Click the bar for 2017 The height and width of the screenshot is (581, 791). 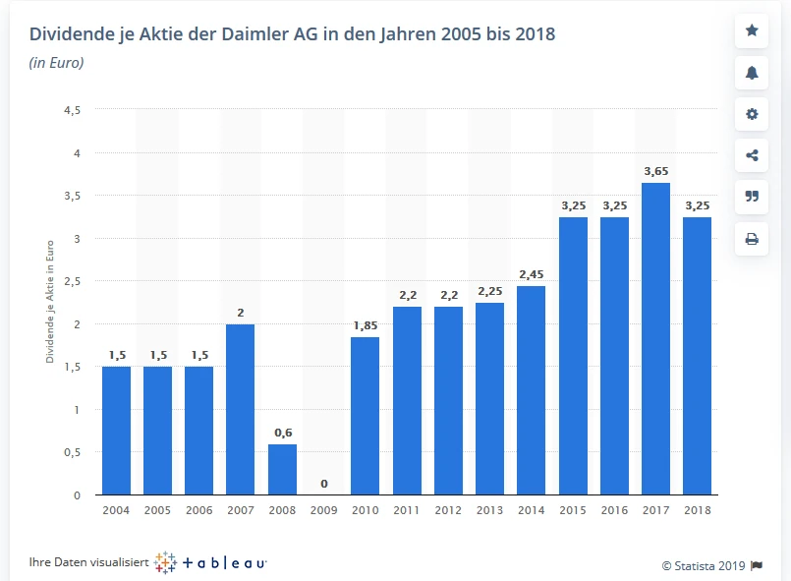pyautogui.click(x=655, y=339)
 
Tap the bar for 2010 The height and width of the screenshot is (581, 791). pyautogui.click(x=365, y=416)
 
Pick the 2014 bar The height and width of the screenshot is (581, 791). pyautogui.click(x=531, y=390)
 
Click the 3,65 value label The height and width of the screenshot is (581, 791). pyautogui.click(x=655, y=171)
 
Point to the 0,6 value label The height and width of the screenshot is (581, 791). pyautogui.click(x=282, y=433)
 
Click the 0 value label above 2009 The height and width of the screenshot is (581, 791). pyautogui.click(x=323, y=484)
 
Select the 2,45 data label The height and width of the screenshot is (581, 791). pyautogui.click(x=531, y=274)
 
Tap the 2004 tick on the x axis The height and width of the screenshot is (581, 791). pyautogui.click(x=116, y=510)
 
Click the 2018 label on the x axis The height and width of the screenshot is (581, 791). pyautogui.click(x=697, y=510)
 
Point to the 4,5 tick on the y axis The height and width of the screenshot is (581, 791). pyautogui.click(x=72, y=110)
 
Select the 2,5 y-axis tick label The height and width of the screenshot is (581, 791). pyautogui.click(x=72, y=281)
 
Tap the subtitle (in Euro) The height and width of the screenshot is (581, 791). pyautogui.click(x=56, y=63)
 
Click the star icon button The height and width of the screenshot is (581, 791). pyautogui.click(x=752, y=30)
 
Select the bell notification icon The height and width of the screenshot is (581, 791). pyautogui.click(x=752, y=72)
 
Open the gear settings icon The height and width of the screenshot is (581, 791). pyautogui.click(x=752, y=114)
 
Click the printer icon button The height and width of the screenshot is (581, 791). pyautogui.click(x=752, y=238)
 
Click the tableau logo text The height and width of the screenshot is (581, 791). pyautogui.click(x=224, y=562)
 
